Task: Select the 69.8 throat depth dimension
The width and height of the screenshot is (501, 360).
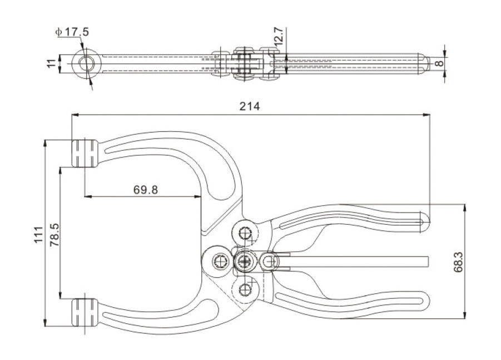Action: pos(146,189)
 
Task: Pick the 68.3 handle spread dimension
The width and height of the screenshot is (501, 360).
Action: pos(474,262)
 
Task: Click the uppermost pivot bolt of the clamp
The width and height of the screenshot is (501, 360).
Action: pos(245,231)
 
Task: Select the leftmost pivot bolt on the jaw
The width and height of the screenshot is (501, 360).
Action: pos(218,260)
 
